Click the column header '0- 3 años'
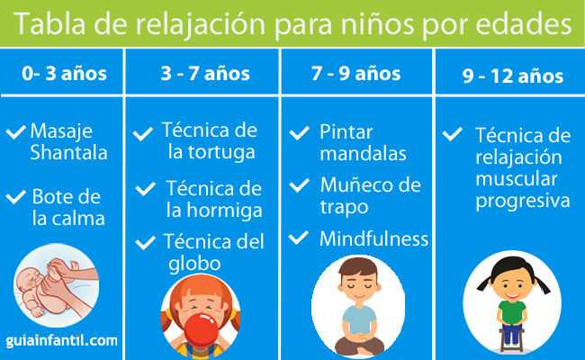point(64,73)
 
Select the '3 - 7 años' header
point(205,73)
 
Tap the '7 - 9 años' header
point(355,73)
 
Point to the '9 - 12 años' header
point(513,76)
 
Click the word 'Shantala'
point(68,152)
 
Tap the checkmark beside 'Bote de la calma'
point(15,196)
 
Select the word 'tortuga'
point(221,152)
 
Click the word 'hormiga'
point(225,210)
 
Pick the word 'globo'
point(194,264)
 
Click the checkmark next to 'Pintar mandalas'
point(299,133)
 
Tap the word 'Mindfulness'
point(373,238)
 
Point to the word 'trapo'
point(344,207)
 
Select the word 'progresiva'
point(523,202)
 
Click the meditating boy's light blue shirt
point(359,320)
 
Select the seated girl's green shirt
point(512,312)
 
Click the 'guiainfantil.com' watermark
point(61,340)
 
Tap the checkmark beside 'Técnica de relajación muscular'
point(452,134)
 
